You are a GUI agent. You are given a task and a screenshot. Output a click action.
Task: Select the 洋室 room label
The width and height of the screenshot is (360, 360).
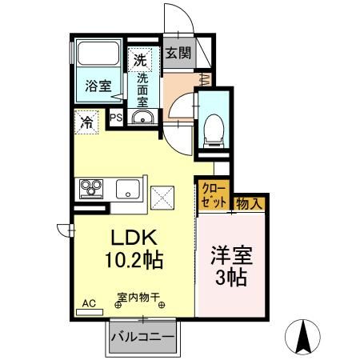[231, 258]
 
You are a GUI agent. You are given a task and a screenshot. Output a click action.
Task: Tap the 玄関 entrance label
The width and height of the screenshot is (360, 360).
[178, 54]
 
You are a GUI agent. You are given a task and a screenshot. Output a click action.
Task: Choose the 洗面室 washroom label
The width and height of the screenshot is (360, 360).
[142, 90]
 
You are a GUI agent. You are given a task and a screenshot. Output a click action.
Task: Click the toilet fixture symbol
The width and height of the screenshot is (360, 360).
[213, 128]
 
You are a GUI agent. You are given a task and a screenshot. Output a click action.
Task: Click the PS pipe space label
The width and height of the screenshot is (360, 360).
[116, 118]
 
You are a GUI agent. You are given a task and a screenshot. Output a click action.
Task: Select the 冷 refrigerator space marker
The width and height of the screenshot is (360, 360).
[86, 122]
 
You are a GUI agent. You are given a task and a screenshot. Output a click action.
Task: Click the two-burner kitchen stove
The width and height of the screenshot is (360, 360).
[90, 189]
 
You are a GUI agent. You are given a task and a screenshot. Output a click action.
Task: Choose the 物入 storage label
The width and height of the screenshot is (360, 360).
[250, 204]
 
